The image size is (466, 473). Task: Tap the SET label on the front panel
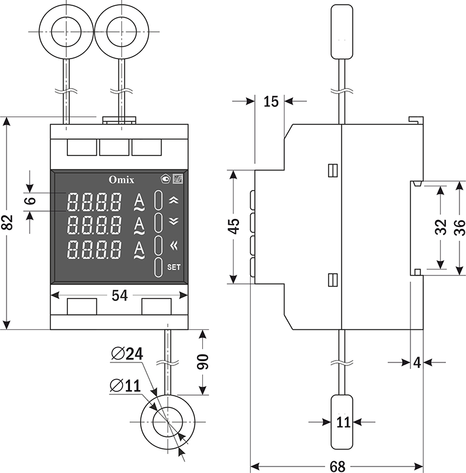[x=174, y=267]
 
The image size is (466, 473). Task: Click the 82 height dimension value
[x=7, y=223]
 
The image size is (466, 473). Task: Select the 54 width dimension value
[x=119, y=296]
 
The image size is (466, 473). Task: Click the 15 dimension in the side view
[x=270, y=102]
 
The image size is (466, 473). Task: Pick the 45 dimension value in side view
[x=234, y=226]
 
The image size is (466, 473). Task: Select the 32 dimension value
[x=441, y=226]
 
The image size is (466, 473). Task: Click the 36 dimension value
[x=459, y=227]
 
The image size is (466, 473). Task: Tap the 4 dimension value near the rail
[x=417, y=362]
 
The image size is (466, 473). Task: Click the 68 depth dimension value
[x=337, y=466]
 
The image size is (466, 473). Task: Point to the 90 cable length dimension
[x=203, y=361]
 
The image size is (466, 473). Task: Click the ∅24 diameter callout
[x=127, y=354]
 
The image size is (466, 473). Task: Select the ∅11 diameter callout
[x=125, y=385]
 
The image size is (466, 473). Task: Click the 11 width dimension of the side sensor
[x=344, y=422]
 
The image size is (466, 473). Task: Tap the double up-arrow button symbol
[x=173, y=200]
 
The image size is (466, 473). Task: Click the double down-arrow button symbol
[x=173, y=222]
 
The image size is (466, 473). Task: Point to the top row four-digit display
[x=95, y=202]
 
